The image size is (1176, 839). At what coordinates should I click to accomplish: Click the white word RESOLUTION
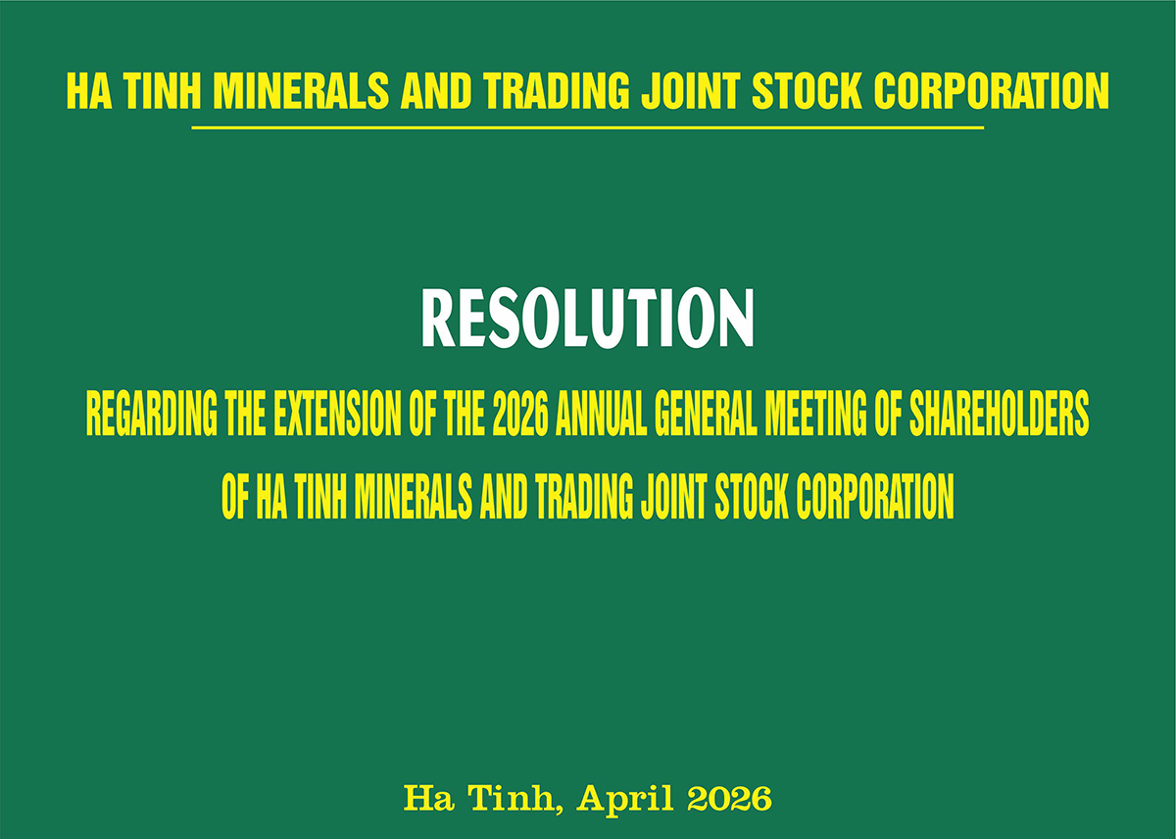point(587,319)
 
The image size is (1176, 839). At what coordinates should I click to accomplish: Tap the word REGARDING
point(152,414)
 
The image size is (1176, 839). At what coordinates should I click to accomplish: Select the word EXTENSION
point(337,414)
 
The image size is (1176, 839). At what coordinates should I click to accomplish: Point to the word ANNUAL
point(601,414)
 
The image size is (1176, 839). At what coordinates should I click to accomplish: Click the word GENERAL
point(706,414)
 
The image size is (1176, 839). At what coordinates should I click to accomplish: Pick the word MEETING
point(815,414)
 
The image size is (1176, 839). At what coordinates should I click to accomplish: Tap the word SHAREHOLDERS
point(1000,414)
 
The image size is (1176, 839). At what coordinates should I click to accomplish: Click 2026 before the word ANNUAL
point(520,414)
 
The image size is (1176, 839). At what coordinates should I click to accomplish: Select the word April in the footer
point(625,799)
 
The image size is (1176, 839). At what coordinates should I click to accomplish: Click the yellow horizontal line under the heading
point(587,127)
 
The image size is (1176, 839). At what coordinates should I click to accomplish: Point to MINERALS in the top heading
point(301,91)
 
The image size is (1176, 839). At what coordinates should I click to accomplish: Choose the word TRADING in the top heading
point(557,91)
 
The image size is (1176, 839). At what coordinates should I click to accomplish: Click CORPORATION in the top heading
point(991,91)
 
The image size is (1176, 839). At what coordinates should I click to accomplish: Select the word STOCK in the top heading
point(807,91)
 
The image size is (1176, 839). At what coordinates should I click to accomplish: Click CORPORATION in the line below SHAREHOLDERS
point(875,497)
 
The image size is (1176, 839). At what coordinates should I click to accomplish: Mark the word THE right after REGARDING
point(245,414)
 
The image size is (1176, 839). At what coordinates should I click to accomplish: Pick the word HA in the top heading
point(89,91)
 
